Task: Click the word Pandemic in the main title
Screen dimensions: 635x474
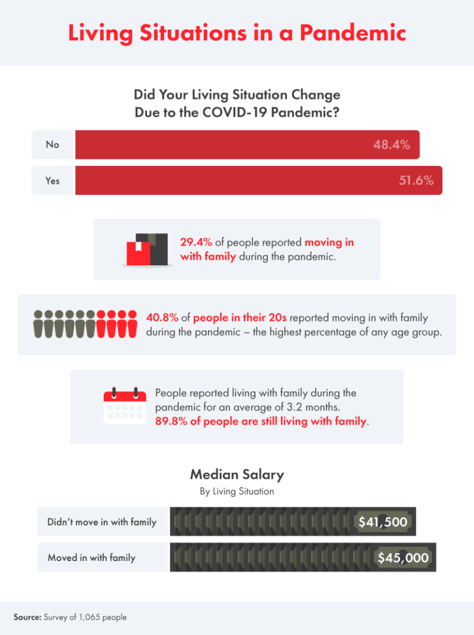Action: click(x=353, y=33)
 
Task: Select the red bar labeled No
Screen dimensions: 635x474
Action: click(x=247, y=144)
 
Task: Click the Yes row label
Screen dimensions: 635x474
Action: click(x=52, y=181)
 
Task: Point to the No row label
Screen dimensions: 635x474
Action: click(x=52, y=144)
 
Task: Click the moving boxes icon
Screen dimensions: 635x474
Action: click(x=147, y=249)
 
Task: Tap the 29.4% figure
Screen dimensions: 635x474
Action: click(x=195, y=243)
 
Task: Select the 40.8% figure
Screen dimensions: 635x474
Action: click(x=162, y=318)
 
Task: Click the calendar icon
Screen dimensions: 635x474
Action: click(x=125, y=407)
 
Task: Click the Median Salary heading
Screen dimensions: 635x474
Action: click(x=237, y=475)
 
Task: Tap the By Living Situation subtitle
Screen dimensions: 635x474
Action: click(x=237, y=492)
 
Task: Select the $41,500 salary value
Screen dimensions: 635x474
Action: click(x=383, y=523)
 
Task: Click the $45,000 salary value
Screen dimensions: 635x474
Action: click(x=403, y=558)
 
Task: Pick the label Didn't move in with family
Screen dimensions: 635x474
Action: click(x=102, y=522)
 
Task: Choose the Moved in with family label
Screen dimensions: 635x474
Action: click(x=91, y=558)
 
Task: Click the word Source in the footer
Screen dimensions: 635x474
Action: click(x=27, y=617)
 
